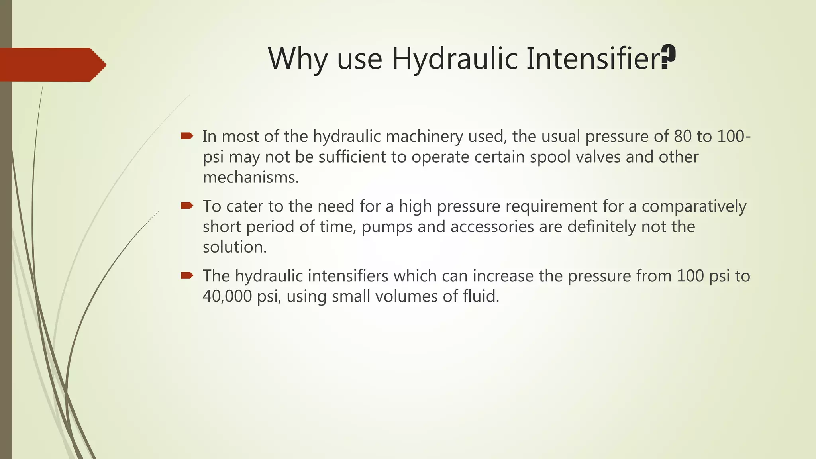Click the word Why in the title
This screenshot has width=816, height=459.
[x=298, y=59]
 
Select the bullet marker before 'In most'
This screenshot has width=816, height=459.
[x=187, y=136]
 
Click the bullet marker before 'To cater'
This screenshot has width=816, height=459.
[x=187, y=206]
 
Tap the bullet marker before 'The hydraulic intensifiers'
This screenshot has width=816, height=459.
[x=187, y=275]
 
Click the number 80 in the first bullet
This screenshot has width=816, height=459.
[x=683, y=137]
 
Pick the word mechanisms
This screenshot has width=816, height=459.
[x=251, y=177]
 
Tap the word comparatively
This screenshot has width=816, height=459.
[x=694, y=206]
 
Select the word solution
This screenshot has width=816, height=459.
[x=234, y=247]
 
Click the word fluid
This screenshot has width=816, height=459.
[x=481, y=296]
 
